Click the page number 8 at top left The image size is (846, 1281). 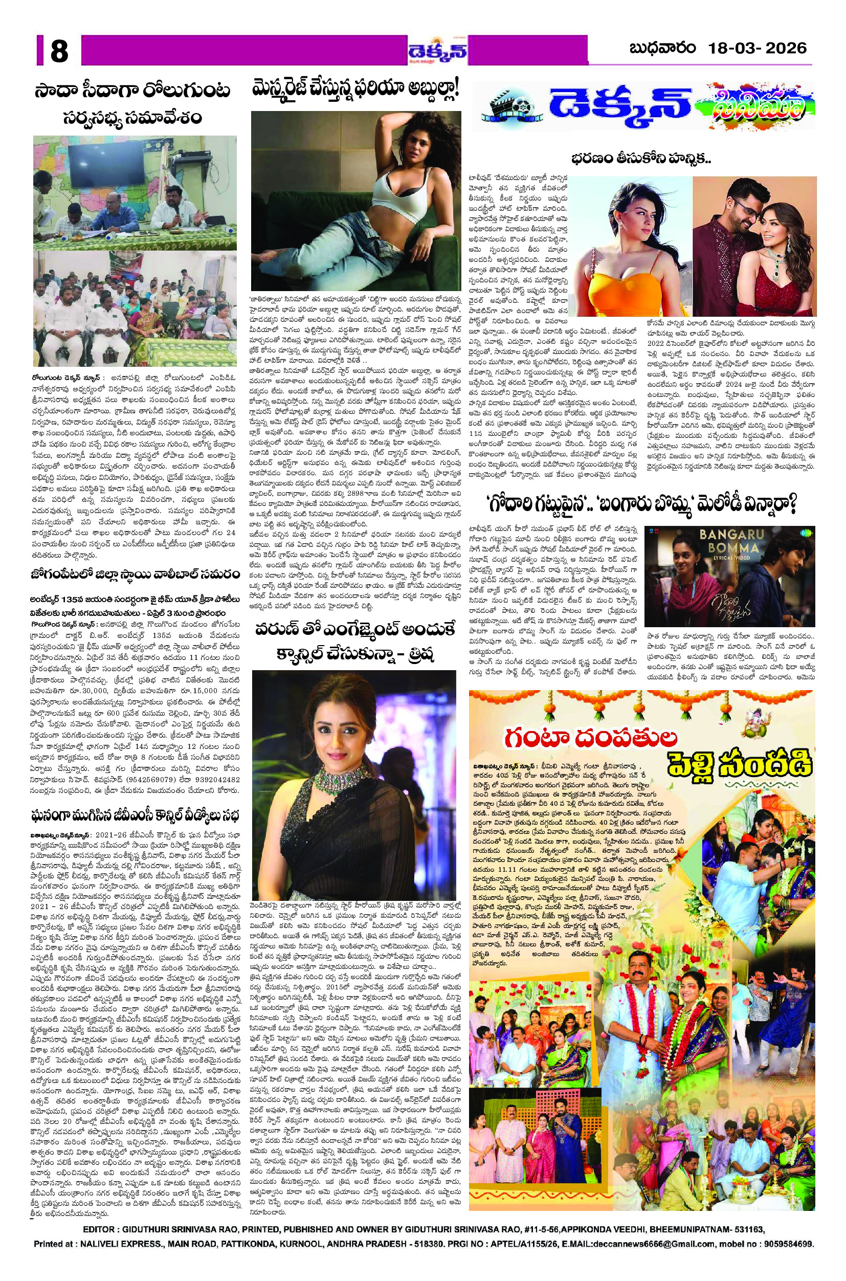click(x=59, y=52)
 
